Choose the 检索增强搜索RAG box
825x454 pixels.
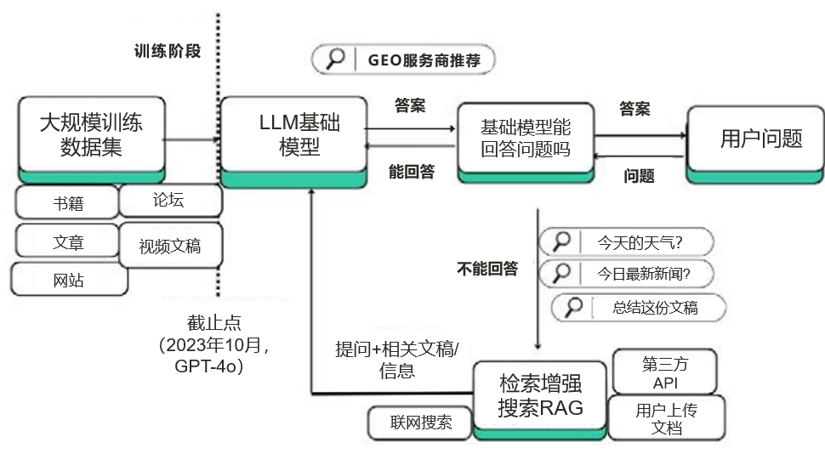click(x=540, y=396)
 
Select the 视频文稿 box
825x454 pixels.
click(x=170, y=247)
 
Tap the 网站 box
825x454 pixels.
click(x=68, y=280)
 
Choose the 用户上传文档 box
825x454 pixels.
click(x=666, y=418)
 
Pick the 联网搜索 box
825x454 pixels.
click(x=421, y=423)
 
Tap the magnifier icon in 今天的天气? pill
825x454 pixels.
click(x=561, y=242)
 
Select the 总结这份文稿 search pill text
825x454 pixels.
click(x=655, y=308)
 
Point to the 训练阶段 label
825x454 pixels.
click(x=168, y=51)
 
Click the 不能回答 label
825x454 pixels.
click(x=487, y=269)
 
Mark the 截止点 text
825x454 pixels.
click(x=213, y=323)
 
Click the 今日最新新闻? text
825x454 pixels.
click(x=643, y=274)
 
